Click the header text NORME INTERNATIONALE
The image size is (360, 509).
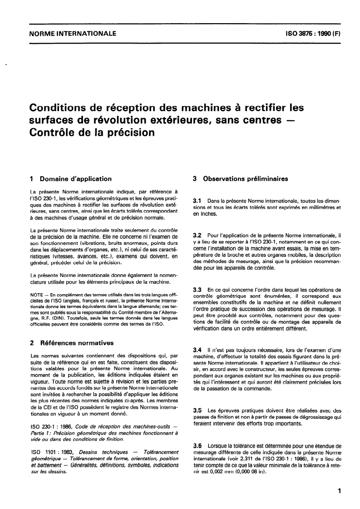[x=72, y=33]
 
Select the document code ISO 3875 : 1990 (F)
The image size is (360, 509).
[x=308, y=33]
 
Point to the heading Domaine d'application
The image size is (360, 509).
[x=76, y=179]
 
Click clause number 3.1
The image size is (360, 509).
[x=198, y=200]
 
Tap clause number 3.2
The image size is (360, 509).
[x=198, y=236]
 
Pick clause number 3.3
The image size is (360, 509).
[x=198, y=289]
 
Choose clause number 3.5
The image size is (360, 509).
[x=198, y=410]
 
